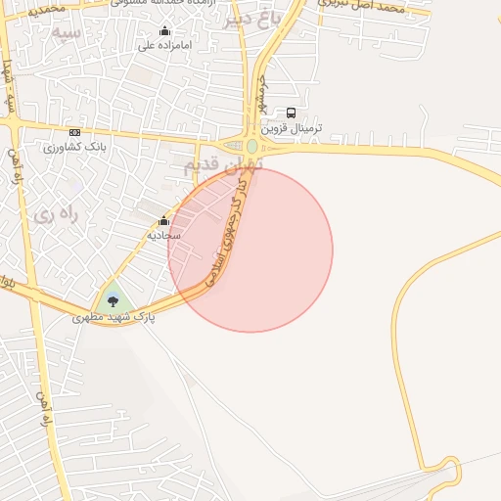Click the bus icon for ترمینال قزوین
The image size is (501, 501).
291,114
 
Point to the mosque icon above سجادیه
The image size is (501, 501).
163,221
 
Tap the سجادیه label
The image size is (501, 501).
163,236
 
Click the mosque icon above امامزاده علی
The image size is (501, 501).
163,31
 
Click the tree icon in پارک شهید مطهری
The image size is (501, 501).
114,301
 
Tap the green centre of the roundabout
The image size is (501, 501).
252,147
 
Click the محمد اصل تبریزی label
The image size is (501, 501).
361,7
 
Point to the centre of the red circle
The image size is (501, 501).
250,250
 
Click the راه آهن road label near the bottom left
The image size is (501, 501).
43,408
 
